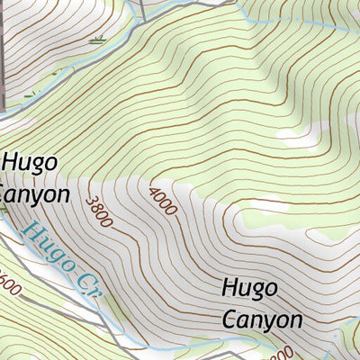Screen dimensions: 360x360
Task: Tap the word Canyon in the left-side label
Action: [x=34, y=193]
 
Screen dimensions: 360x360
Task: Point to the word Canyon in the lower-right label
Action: [x=262, y=319]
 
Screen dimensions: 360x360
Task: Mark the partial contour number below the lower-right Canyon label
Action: [x=281, y=352]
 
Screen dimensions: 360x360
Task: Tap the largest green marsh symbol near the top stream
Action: [x=98, y=39]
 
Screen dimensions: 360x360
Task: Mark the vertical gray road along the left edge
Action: [x=3, y=54]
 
